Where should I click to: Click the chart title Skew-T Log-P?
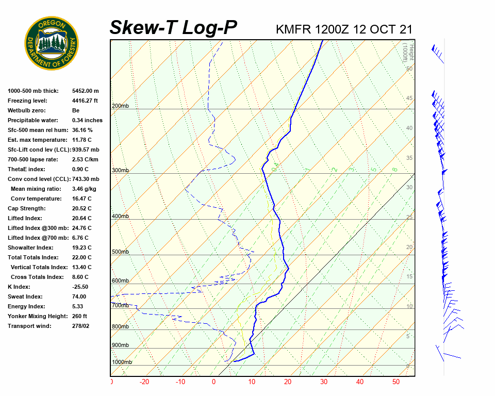[x=173, y=27]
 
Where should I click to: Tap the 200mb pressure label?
[x=120, y=106]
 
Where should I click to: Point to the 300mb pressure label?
[x=120, y=170]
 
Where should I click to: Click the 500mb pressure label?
[x=120, y=252]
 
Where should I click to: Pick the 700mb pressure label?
[x=120, y=306]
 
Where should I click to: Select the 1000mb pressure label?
[x=122, y=362]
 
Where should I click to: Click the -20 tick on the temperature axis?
[x=144, y=382]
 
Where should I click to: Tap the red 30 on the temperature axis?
[x=323, y=382]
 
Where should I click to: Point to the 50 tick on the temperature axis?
[x=396, y=382]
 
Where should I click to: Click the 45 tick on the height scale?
[x=409, y=98]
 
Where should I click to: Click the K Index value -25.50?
[x=80, y=287]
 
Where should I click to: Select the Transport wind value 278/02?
[x=81, y=326]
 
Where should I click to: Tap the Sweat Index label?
[x=25, y=296]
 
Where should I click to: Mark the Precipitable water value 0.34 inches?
[x=87, y=120]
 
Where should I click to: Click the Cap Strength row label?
[x=27, y=208]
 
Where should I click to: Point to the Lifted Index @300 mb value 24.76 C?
[x=82, y=228]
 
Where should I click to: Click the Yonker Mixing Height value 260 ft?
[x=79, y=316]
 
